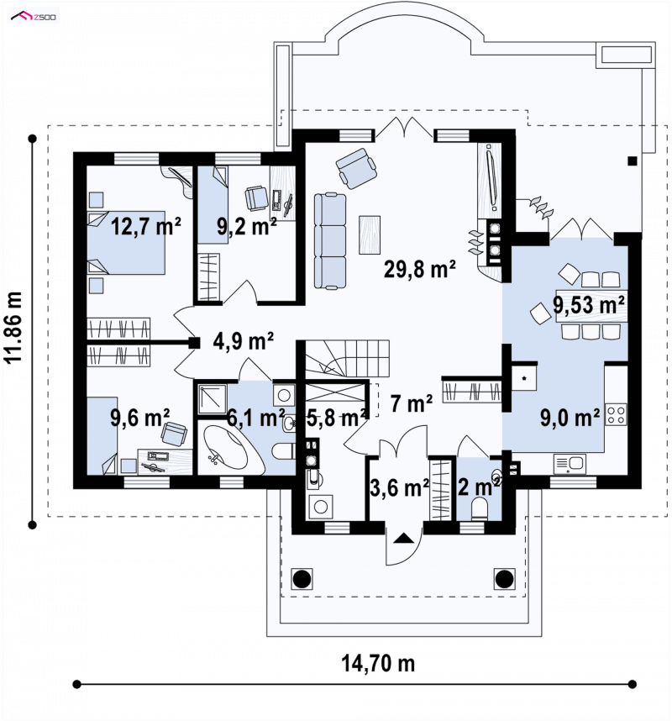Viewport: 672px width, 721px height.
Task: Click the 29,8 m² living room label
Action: pos(420,269)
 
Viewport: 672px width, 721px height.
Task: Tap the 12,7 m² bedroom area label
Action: pos(145,226)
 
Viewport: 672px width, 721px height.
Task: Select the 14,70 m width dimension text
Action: pos(378,664)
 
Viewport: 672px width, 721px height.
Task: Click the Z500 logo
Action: pos(34,17)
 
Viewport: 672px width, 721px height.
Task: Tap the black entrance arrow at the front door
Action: pos(403,538)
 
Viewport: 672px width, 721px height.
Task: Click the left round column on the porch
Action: pos(302,578)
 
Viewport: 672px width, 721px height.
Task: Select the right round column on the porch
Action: pos(504,578)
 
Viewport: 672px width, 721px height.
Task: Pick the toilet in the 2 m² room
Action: pos(480,509)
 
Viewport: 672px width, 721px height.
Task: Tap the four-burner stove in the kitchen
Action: pos(616,413)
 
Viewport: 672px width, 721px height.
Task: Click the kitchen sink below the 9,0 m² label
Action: pos(570,464)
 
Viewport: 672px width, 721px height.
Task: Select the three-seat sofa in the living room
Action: pos(330,241)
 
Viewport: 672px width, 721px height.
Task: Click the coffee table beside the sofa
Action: pos(370,234)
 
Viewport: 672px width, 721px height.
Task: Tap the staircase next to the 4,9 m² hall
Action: pos(347,359)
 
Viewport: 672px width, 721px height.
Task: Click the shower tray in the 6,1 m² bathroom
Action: pos(212,398)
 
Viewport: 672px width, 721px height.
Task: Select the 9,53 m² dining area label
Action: pos(589,304)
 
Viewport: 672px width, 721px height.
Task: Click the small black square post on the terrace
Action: pos(633,161)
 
